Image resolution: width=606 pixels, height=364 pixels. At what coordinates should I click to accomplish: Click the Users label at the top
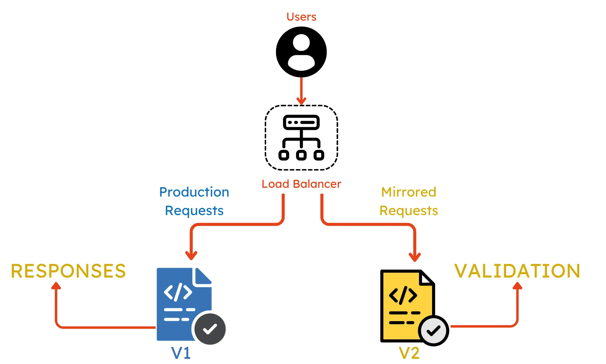(301, 17)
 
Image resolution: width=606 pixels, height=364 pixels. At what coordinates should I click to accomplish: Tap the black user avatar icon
(301, 52)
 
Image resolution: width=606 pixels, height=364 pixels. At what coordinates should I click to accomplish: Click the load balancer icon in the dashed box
(301, 137)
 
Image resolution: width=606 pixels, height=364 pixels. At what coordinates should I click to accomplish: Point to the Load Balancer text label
(301, 184)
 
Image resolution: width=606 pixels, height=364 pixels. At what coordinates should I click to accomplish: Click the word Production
(194, 192)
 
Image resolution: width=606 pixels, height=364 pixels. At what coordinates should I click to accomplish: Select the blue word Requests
(194, 211)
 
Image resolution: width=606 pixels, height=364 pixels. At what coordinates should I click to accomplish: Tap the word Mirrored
(408, 192)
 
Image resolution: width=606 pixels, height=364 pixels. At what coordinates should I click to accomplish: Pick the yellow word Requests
(408, 211)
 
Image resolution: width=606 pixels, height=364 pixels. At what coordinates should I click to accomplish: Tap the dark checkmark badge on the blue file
(210, 329)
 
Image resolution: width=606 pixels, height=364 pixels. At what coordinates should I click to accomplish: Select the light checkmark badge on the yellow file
(434, 331)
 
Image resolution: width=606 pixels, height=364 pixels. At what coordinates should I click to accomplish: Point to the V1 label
(181, 353)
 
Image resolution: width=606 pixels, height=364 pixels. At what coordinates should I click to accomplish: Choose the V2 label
(409, 353)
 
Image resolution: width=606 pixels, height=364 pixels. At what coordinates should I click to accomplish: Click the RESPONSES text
(68, 271)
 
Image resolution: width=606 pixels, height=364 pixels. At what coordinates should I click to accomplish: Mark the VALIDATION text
(517, 271)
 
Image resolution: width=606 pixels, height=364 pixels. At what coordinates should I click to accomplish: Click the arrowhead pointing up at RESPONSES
(56, 286)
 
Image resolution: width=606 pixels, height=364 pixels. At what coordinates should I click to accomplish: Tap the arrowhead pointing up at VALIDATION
(518, 286)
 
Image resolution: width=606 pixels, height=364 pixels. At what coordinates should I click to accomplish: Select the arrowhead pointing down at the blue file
(191, 255)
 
